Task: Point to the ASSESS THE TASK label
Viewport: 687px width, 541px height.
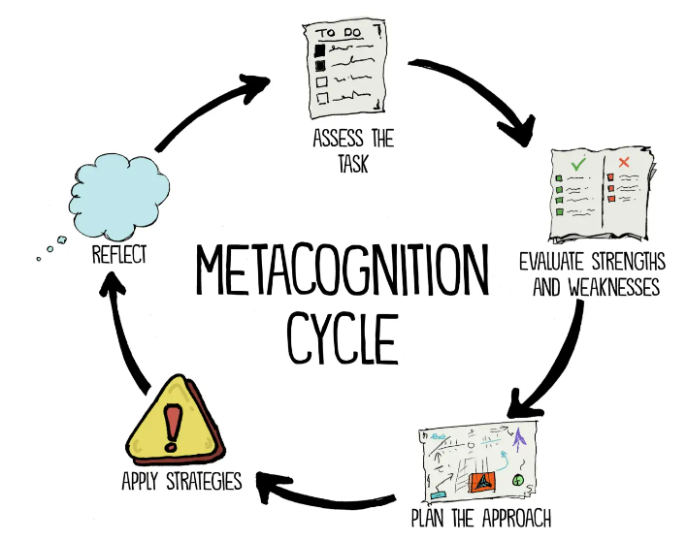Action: point(352,149)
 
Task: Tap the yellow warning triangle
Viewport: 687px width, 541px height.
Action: point(174,423)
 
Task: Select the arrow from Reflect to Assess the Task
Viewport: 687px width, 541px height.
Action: point(213,112)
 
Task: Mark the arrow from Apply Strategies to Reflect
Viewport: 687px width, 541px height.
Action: point(127,330)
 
